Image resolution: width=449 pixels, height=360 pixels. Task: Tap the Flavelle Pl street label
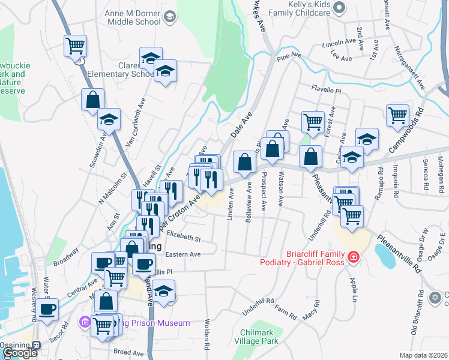tap(326, 90)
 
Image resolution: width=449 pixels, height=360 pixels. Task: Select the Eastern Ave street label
tap(182, 254)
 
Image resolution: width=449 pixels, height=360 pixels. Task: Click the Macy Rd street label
tap(311, 313)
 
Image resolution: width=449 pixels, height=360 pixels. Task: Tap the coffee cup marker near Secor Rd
tap(47, 310)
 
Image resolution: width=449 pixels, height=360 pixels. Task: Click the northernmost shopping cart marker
tap(76, 46)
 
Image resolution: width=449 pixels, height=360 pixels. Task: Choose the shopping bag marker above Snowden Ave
tap(93, 100)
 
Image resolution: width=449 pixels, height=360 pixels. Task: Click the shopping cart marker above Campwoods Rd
tap(397, 115)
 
